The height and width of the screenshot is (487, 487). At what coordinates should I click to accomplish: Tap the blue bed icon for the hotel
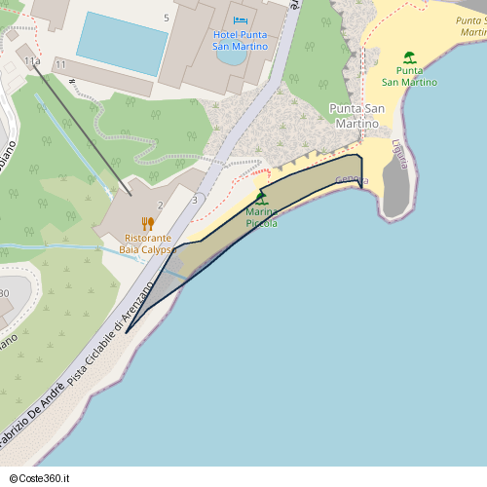[240, 20]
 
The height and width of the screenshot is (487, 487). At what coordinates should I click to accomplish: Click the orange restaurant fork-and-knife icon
[148, 223]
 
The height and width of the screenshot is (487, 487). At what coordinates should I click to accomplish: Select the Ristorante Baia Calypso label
[146, 243]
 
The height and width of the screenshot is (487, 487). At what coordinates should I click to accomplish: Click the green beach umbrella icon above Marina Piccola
[260, 198]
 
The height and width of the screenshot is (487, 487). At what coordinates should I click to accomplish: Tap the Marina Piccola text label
[261, 217]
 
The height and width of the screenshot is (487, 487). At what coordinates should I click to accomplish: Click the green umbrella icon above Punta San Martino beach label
[409, 57]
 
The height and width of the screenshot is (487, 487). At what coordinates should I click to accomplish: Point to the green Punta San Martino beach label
[409, 76]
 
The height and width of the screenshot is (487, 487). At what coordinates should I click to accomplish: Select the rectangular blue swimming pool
[123, 44]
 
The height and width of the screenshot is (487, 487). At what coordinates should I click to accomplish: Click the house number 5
[167, 18]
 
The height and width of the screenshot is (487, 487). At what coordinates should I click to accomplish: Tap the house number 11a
[32, 61]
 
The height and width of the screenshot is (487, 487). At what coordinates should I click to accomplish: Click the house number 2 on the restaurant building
[160, 205]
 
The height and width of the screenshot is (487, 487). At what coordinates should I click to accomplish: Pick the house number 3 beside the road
[195, 200]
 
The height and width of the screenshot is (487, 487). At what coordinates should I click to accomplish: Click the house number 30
[4, 292]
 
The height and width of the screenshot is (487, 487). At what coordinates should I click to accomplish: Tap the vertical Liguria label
[398, 155]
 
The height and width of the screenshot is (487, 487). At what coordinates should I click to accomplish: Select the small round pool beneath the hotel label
[232, 55]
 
